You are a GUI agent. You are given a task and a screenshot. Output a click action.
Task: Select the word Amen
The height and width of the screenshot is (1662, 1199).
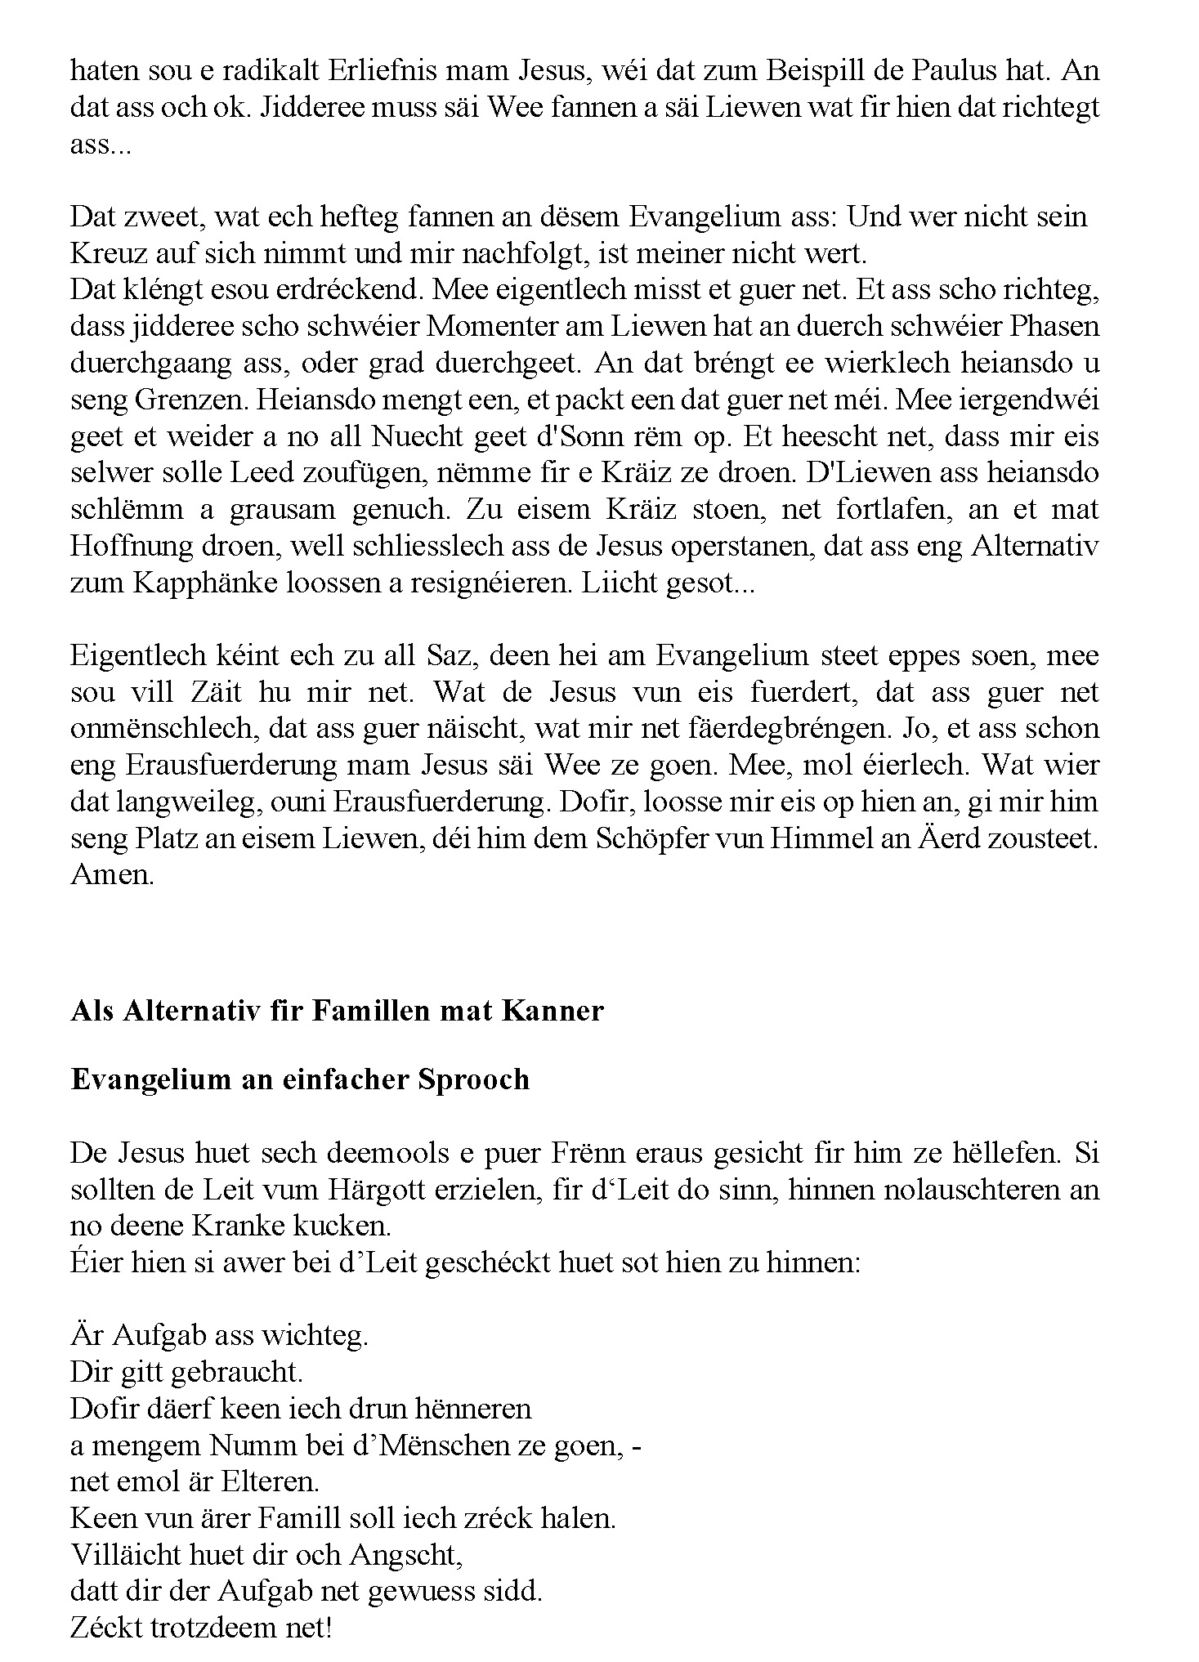(x=111, y=875)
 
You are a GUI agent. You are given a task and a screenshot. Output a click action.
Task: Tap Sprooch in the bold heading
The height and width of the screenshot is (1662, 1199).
(x=473, y=1079)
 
